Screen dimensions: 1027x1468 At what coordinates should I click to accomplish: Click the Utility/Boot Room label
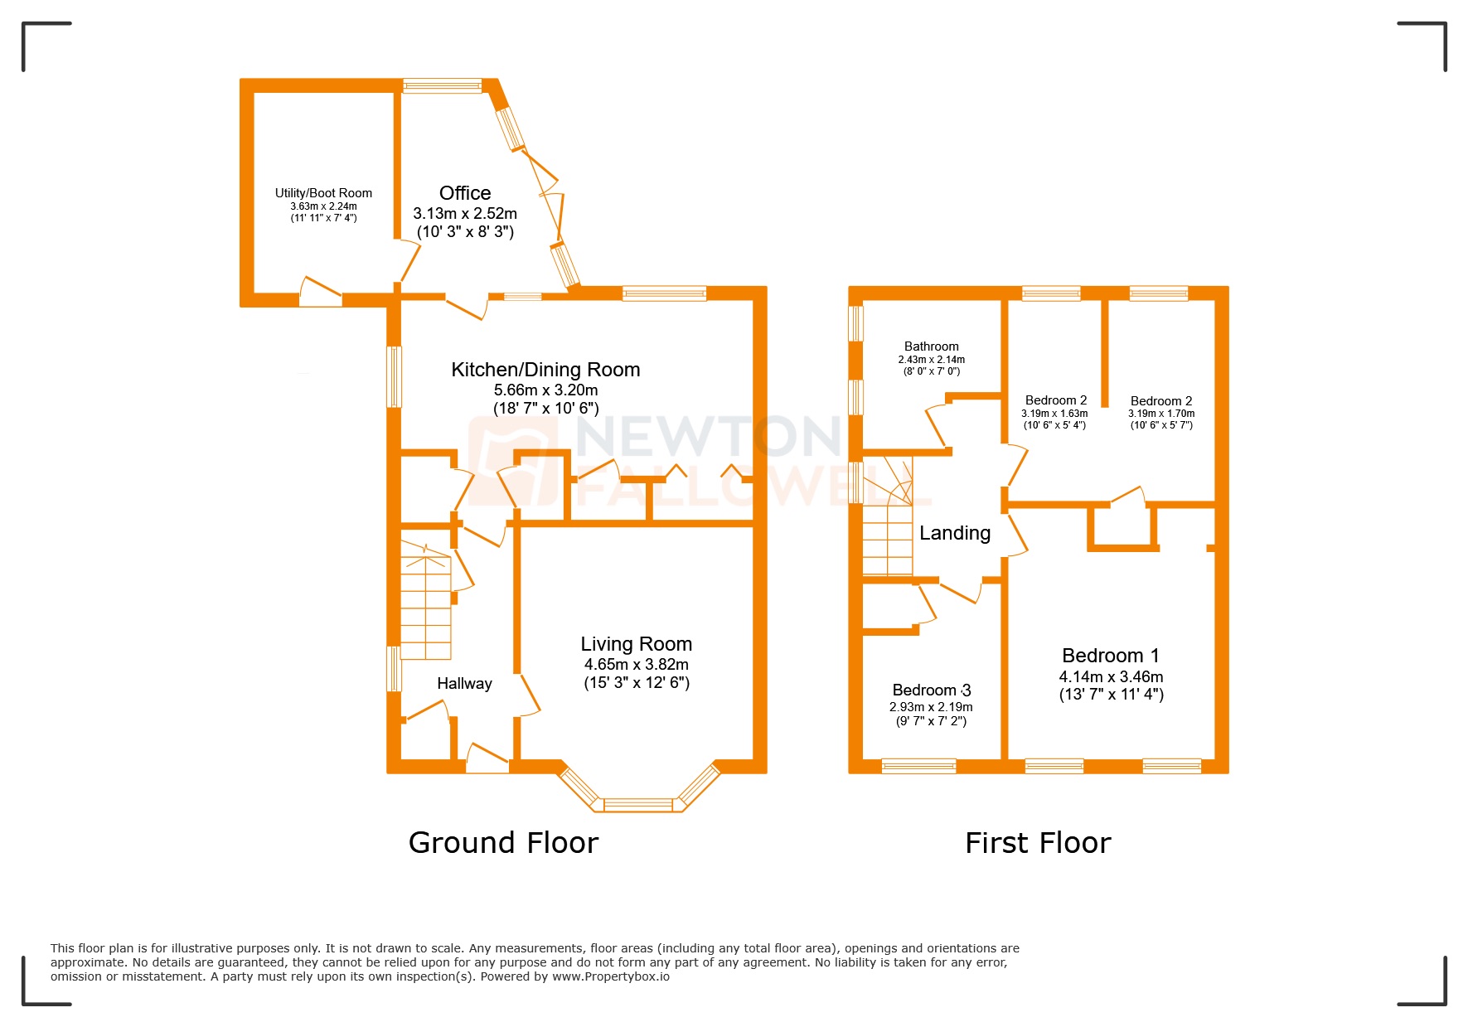pos(323,193)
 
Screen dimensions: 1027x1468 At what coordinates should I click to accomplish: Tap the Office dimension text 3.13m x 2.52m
pos(465,214)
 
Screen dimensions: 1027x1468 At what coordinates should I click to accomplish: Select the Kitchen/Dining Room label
pos(545,370)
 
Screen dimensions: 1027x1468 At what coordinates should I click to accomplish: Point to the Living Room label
pos(636,644)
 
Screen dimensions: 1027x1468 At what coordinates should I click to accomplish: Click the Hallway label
pos(464,684)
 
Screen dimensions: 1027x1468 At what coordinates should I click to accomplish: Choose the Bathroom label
pos(931,346)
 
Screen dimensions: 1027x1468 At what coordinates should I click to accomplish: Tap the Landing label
pos(955,533)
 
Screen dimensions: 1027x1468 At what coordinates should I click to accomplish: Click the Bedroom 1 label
pos(1111,656)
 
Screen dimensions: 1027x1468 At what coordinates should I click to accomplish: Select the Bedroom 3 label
pos(931,690)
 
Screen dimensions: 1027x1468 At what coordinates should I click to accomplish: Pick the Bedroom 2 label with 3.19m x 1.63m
pos(1055,400)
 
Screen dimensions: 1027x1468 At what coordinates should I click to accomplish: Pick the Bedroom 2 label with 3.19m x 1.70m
pos(1160,401)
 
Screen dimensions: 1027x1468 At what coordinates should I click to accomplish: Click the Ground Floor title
pos(503,843)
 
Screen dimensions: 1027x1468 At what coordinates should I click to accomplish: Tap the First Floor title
pos(1038,843)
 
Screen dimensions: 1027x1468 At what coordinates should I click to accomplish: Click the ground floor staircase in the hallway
pos(426,601)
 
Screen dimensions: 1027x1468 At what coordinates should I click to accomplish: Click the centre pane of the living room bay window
pos(638,804)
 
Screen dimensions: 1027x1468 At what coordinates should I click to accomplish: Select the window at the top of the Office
pos(442,85)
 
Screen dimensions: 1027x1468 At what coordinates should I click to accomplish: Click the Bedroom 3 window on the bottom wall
pos(918,766)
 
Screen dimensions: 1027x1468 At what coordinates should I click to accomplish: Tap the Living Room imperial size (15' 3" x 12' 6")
pos(636,683)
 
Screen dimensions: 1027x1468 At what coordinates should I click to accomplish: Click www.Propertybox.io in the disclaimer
pos(611,976)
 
